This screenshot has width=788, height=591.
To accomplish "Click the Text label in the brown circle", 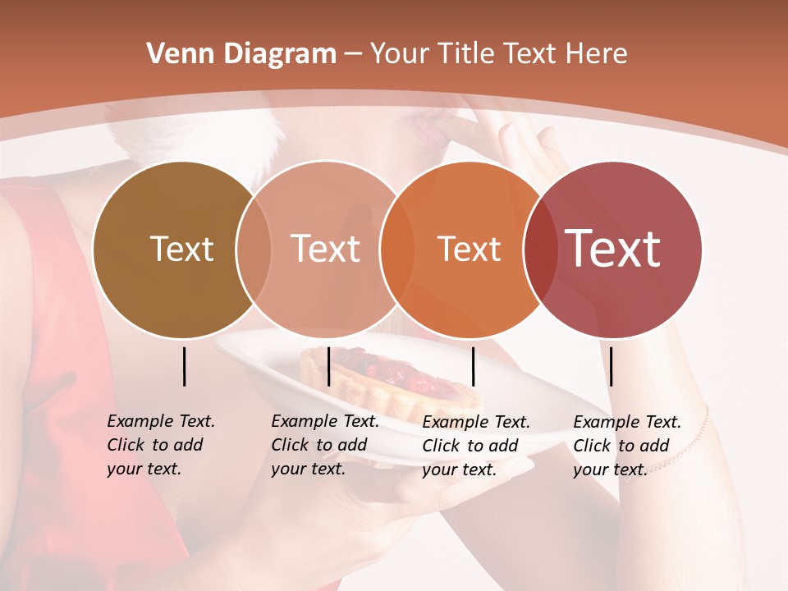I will pos(181,249).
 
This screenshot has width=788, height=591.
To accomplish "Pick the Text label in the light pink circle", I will pos(325,249).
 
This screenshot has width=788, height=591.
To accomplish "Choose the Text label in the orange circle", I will pos(469,249).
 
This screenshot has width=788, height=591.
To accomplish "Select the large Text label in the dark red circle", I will pos(613,248).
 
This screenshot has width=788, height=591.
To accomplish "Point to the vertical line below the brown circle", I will pos(184,366).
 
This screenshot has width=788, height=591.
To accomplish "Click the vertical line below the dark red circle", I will pos(611,366).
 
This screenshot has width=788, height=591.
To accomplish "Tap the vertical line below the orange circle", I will pos(473,366).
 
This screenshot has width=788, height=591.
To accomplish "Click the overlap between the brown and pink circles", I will pos(254,249).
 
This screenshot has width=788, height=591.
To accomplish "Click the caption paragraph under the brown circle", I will pos(160,445).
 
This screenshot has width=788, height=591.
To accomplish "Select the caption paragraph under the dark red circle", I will pos(626,446).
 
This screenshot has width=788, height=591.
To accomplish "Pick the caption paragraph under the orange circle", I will pos(475,446).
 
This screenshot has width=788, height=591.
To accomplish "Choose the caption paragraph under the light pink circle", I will pos(324,445).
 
